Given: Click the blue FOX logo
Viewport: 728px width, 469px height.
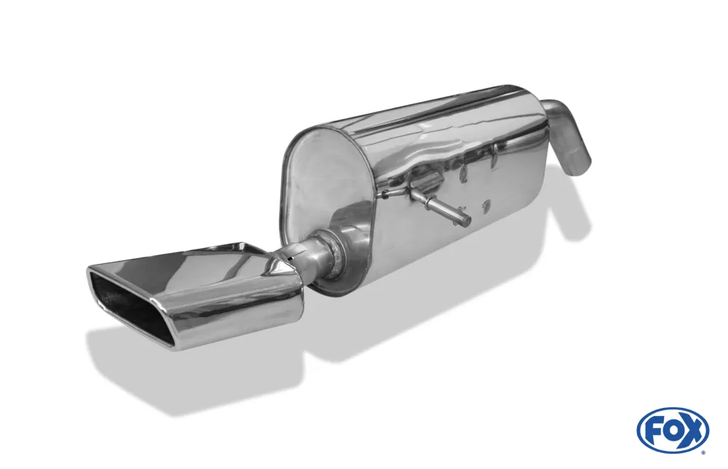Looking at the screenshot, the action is coord(673,430).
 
